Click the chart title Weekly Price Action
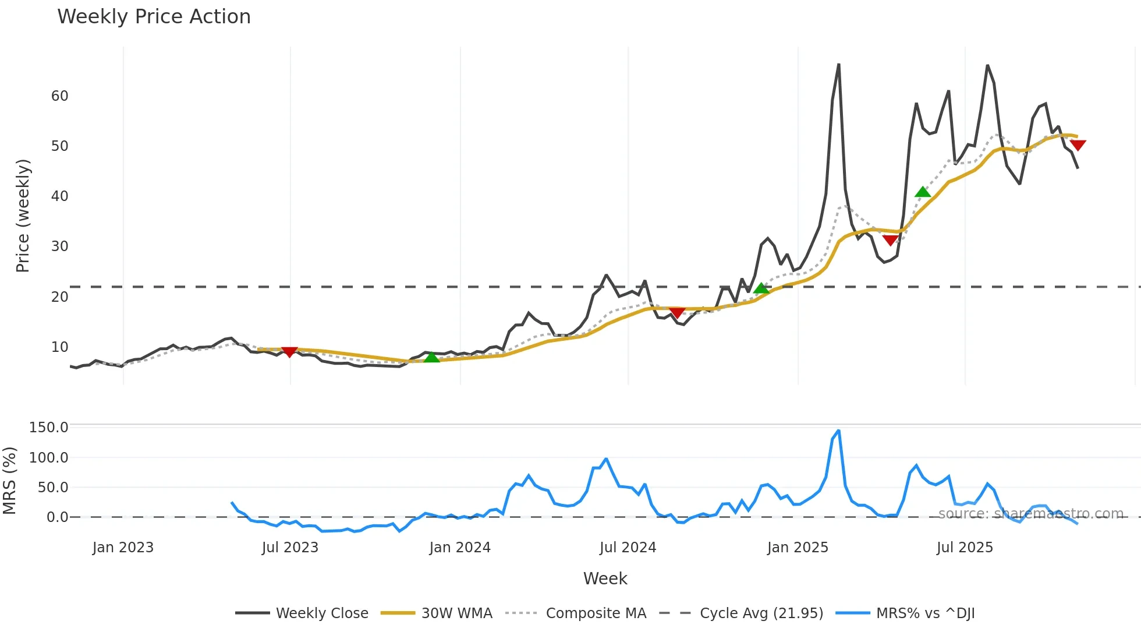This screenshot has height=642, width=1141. pos(154,17)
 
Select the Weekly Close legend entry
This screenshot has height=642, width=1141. pos(321,613)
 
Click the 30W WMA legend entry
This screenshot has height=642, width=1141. pos(456,613)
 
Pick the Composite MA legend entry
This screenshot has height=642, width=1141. pos(596,613)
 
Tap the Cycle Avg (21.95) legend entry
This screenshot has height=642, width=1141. pos(761,613)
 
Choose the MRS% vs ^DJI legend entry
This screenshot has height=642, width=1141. pos(925,613)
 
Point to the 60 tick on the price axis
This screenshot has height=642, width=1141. pos(59,96)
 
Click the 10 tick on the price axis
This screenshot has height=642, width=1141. pos(59,347)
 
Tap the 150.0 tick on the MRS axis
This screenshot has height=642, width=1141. pos(49,428)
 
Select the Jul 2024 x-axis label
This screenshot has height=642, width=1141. pos(628,548)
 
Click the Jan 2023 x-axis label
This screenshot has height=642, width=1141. pos(123,548)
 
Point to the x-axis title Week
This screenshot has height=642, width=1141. pos(605,578)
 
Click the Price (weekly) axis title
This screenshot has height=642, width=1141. pos(23,216)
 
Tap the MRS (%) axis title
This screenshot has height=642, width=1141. pos(9,481)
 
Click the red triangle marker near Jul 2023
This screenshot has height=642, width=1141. pos(289,351)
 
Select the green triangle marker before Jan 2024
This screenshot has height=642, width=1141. pos(431,357)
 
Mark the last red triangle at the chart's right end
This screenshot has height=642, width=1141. pos(1078,145)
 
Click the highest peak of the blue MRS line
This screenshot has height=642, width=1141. pos(838,431)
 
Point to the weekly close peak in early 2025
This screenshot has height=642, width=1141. pos(838,65)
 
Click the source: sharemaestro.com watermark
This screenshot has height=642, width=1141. pos(1030,514)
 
